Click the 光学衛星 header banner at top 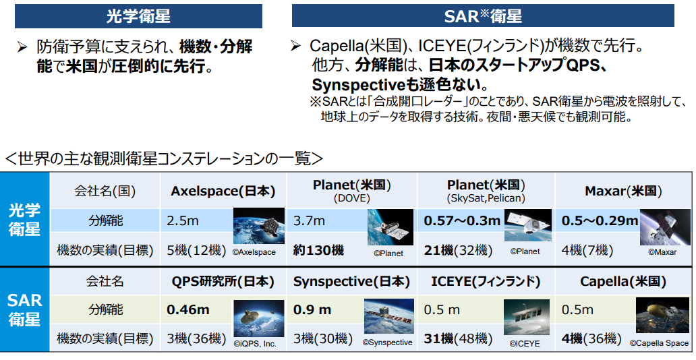coord(138,16)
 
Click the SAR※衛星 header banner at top coord(483,16)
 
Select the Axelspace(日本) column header coord(223,191)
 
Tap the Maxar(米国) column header coord(623,191)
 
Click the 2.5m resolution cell coord(183,220)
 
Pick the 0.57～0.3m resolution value coord(462,220)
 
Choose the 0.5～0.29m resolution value coord(600,220)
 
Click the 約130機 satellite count coord(318,250)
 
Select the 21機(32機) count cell coord(458,250)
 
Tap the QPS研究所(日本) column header coord(223,281)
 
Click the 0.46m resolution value coord(187,309)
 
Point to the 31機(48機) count coord(458,338)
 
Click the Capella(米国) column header coord(623,281)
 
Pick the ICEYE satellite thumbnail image coord(527,317)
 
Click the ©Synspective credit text coord(388,342)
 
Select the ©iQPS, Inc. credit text coord(255,344)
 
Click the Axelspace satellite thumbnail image coord(259,226)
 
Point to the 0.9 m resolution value coord(312,309)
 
